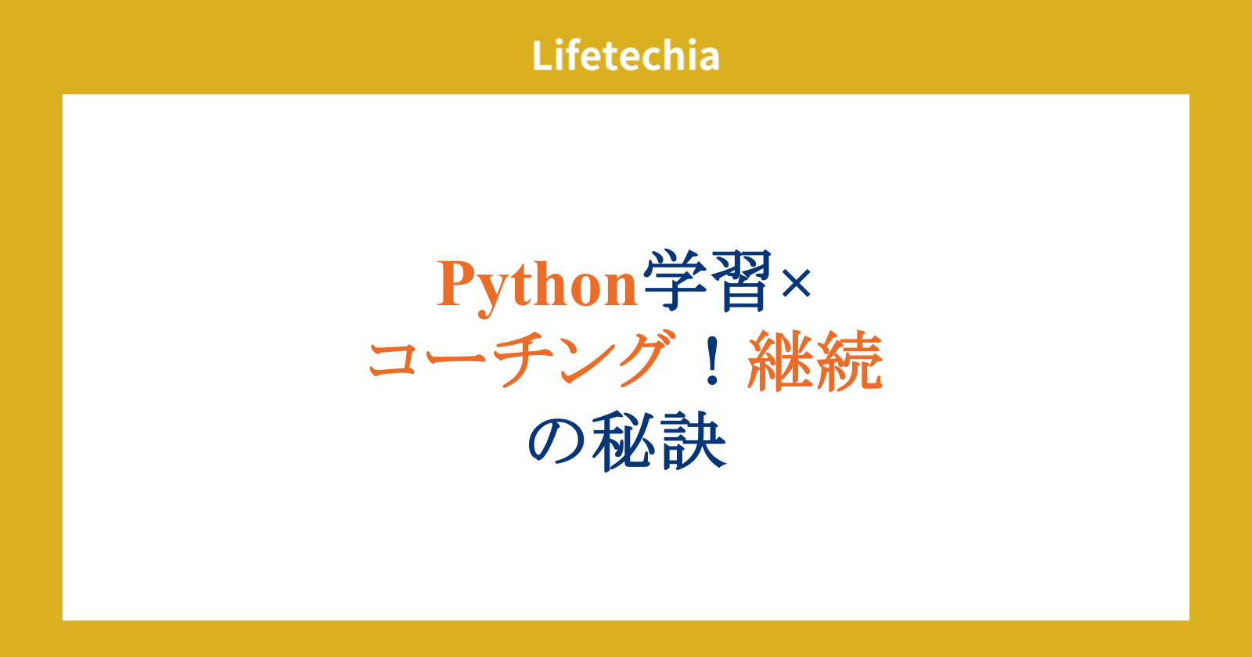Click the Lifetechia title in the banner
coord(625,56)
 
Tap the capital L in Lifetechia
coord(542,56)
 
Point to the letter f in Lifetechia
coord(572,55)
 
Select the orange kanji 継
coord(779,361)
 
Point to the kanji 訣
coord(693,441)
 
